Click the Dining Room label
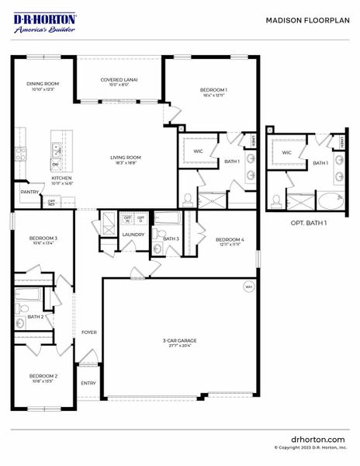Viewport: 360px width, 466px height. click(x=43, y=86)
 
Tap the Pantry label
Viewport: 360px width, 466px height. click(x=29, y=192)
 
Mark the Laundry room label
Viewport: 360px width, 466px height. click(x=133, y=234)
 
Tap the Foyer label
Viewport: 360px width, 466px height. click(x=89, y=332)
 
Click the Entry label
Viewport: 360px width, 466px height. click(x=88, y=382)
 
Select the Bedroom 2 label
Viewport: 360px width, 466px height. click(x=43, y=378)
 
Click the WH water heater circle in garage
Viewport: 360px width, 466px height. click(x=248, y=287)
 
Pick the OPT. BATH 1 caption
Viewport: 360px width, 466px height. click(x=309, y=223)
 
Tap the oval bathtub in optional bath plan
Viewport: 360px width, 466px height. click(x=328, y=201)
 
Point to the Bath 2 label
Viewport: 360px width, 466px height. click(x=35, y=317)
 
